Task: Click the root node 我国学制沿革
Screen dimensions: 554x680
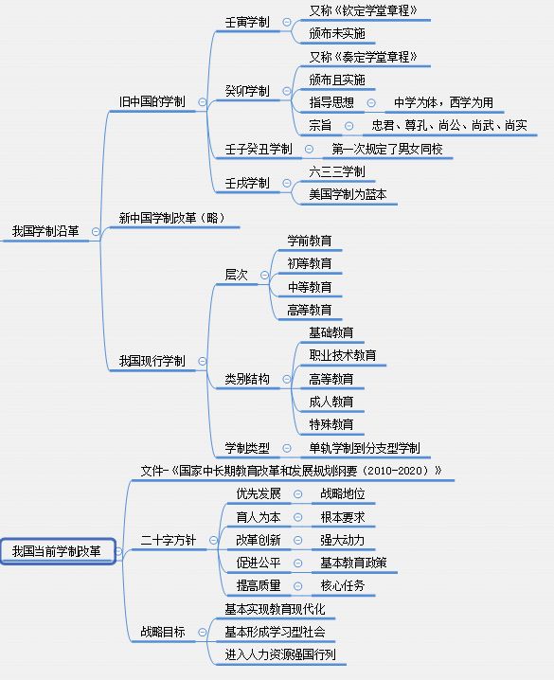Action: tap(45, 231)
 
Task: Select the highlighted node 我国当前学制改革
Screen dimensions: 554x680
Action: tap(58, 551)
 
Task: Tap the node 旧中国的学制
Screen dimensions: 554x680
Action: tap(152, 102)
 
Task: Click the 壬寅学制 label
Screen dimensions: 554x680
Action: tap(247, 22)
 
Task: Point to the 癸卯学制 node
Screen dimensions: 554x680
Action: tap(247, 91)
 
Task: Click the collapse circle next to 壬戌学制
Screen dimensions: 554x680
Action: tap(287, 183)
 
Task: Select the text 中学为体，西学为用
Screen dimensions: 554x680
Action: tap(443, 102)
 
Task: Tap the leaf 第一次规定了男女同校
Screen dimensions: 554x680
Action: tap(387, 150)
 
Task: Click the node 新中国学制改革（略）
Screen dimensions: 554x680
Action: tap(172, 218)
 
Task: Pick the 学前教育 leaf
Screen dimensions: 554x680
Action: tap(310, 241)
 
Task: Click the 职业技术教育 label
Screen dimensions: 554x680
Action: tap(343, 355)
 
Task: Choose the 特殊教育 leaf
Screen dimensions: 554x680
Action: tap(331, 424)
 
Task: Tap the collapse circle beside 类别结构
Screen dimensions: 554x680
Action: tap(287, 379)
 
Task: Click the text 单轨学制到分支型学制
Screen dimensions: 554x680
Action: tap(365, 448)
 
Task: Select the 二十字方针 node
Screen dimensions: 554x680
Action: tap(169, 541)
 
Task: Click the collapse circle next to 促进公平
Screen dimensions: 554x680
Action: tap(297, 564)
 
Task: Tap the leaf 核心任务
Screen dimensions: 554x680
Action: tap(343, 586)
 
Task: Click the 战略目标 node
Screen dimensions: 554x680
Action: tap(163, 632)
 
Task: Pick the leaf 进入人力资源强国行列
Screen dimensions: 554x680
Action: tap(280, 654)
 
